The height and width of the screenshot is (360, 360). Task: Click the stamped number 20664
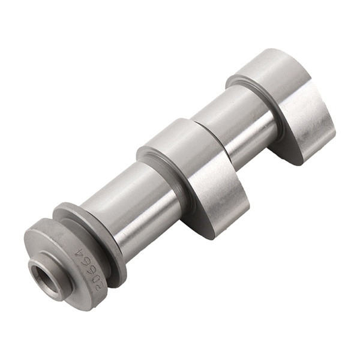click(x=89, y=269)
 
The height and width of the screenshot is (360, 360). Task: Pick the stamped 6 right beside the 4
click(x=85, y=263)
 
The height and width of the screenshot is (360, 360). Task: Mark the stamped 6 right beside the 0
click(x=89, y=269)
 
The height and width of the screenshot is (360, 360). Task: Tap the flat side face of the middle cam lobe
click(x=219, y=192)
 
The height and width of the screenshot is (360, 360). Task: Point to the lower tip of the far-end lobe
click(x=294, y=159)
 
